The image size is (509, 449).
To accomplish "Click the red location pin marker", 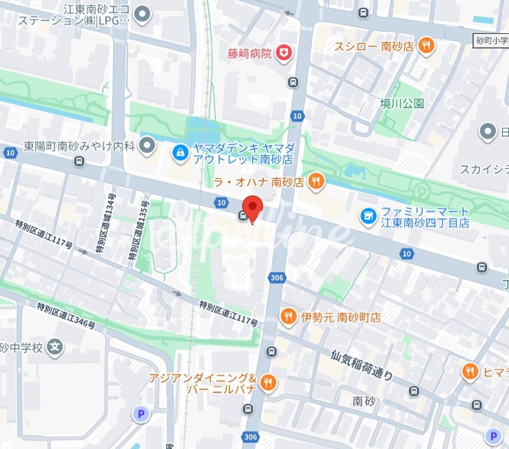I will click(x=254, y=209).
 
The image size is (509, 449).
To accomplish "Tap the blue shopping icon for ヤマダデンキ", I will click(x=181, y=152).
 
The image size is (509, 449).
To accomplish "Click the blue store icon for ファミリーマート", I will click(x=368, y=217).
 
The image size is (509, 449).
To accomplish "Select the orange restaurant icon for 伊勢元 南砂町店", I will click(x=289, y=317).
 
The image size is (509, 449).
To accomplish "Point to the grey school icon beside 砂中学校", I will click(x=56, y=347).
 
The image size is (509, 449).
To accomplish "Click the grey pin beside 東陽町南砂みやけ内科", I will click(x=148, y=146).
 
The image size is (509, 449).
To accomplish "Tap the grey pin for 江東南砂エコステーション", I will click(x=143, y=13).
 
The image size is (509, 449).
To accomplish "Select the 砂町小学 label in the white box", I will click(x=491, y=40).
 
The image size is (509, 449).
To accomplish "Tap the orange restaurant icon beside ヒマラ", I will click(x=471, y=371).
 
